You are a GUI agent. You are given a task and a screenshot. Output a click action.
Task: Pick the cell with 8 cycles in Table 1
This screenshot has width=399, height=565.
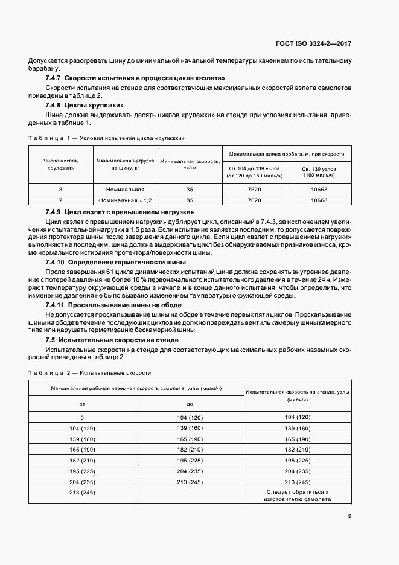[60, 189]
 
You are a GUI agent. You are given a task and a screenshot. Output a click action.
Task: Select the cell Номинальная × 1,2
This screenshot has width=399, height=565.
[125, 200]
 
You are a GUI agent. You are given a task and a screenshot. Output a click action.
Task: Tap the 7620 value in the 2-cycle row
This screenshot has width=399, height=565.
[254, 200]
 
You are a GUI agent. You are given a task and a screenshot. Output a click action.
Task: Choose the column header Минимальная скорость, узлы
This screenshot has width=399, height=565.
[190, 165]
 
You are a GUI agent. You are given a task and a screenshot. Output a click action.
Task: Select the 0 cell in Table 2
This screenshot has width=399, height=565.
[83, 418]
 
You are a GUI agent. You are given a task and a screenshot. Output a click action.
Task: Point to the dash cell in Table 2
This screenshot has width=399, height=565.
[190, 493]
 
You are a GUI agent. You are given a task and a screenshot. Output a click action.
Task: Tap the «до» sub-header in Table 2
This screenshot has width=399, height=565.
[190, 404]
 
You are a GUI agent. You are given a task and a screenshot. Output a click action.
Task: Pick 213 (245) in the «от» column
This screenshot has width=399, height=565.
[83, 493]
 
